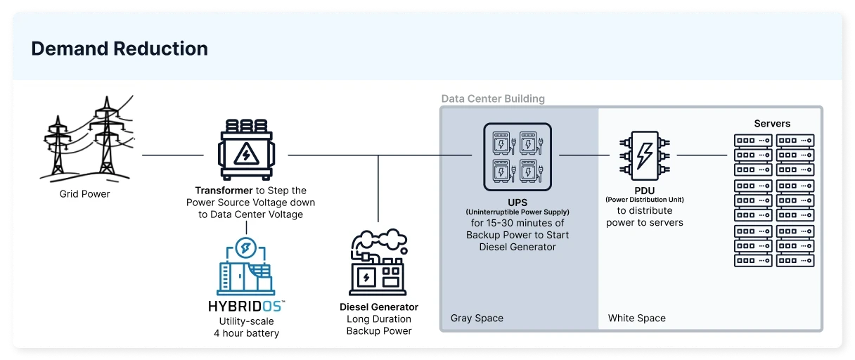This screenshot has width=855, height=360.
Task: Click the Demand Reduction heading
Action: [120, 49]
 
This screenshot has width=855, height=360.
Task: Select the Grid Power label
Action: [84, 193]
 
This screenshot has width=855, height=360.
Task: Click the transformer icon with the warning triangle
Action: [246, 150]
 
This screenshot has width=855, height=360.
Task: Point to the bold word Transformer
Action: [224, 191]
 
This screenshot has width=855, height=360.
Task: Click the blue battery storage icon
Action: [246, 267]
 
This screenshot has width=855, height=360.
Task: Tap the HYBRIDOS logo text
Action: [246, 307]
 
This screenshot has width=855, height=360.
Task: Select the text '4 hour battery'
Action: [246, 333]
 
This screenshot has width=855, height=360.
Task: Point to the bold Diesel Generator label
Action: [378, 307]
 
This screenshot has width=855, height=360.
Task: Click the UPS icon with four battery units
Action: [517, 157]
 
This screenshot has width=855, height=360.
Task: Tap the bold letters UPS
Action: [517, 202]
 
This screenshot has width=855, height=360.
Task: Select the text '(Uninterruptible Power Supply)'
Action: [517, 212]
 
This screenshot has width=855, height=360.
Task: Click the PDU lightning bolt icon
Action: [644, 150]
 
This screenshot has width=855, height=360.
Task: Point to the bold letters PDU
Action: [644, 190]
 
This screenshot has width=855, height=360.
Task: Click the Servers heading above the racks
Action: [772, 124]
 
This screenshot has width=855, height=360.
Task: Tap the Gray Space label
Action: [477, 318]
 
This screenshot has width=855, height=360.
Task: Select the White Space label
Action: [636, 318]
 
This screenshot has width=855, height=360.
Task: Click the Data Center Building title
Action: [493, 98]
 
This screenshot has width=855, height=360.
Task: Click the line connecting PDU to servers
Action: [701, 155]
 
